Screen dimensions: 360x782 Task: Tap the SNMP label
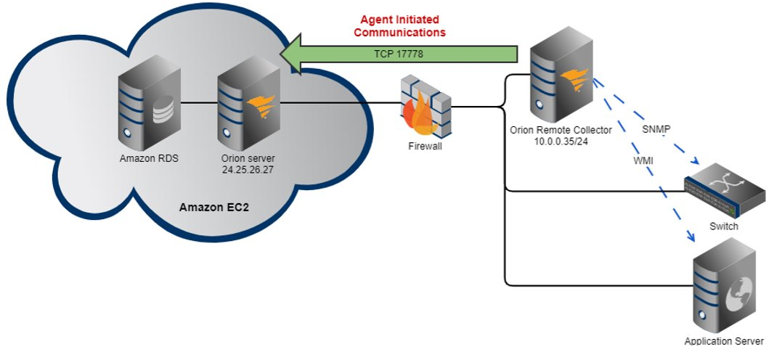pyautogui.click(x=656, y=129)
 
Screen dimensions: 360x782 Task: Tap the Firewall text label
pyautogui.click(x=425, y=146)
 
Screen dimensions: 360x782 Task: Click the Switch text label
pyautogui.click(x=723, y=226)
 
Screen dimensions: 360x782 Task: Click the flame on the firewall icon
pyautogui.click(x=420, y=116)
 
